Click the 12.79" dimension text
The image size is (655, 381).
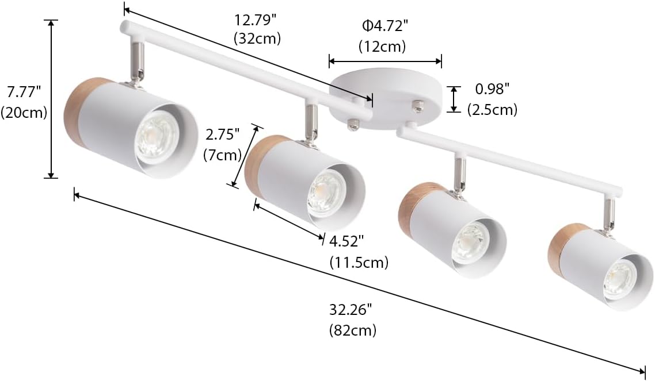256,20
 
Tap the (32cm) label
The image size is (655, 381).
257,39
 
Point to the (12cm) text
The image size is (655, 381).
382,46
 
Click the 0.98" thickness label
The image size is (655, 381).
493,89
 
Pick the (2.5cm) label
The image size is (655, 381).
492,109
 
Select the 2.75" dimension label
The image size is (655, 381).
222,134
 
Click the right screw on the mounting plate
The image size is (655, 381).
418,105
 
